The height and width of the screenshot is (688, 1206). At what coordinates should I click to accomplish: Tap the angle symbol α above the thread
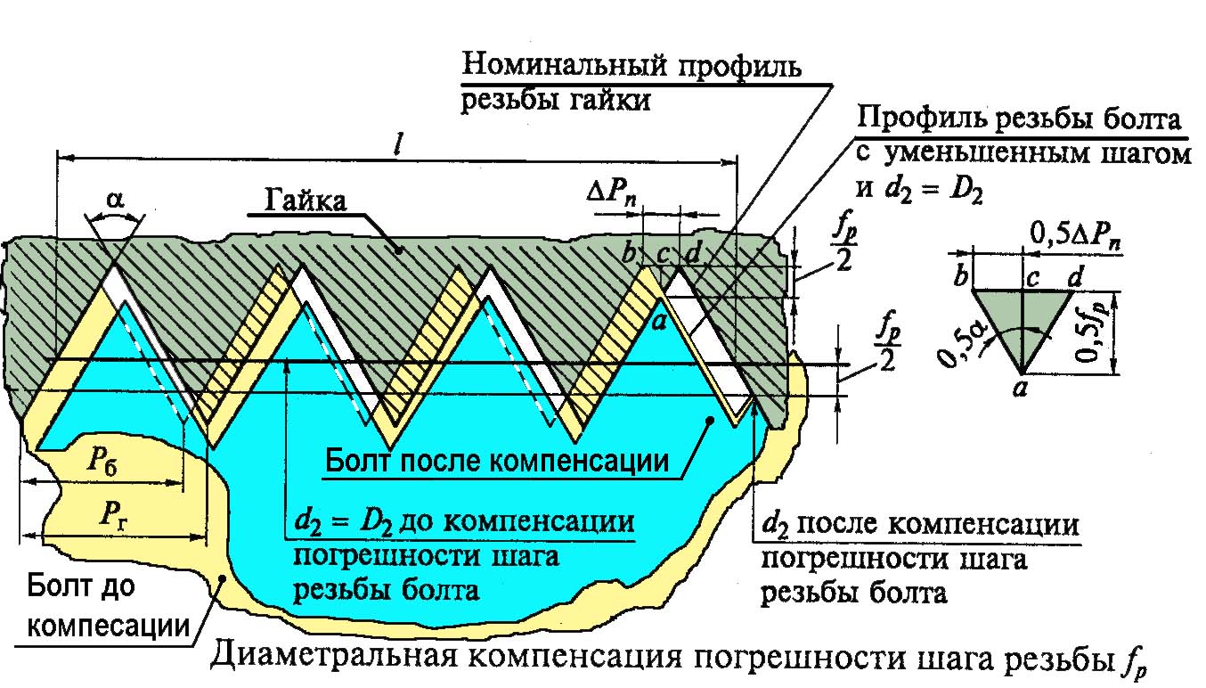(x=115, y=200)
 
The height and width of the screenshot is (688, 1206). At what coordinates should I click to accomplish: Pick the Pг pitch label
(x=105, y=515)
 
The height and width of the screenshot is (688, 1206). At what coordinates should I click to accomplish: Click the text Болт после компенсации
(x=496, y=461)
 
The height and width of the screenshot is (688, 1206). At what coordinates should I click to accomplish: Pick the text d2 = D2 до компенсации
(x=463, y=521)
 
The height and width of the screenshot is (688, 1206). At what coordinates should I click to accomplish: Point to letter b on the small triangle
(x=960, y=277)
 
